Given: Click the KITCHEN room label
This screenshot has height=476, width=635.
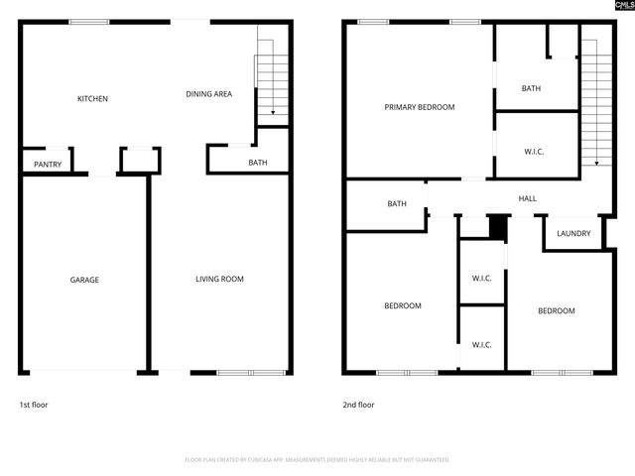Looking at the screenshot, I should click(x=93, y=99).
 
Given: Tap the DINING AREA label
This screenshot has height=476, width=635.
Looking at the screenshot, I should click(x=209, y=94).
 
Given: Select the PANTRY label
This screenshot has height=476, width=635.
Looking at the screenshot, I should click(x=48, y=165).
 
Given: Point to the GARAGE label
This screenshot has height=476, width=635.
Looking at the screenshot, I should click(x=84, y=280).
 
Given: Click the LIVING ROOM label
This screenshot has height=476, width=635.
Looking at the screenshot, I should click(x=219, y=280).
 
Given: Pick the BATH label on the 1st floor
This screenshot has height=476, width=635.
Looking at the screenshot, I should click(x=258, y=163).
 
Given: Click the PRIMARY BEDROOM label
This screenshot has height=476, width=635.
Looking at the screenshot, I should click(x=420, y=107).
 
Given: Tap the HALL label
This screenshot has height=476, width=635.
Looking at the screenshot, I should click(x=528, y=198).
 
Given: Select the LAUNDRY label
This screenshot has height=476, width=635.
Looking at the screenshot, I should click(x=573, y=234).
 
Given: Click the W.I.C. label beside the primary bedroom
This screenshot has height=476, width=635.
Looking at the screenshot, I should click(x=534, y=152).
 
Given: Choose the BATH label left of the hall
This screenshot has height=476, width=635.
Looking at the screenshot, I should click(x=397, y=204).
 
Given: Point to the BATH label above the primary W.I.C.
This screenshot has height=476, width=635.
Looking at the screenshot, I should click(x=532, y=89).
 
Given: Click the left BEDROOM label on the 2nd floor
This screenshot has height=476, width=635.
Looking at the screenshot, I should click(x=403, y=306).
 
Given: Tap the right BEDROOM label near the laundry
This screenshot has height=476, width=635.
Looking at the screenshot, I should click(x=556, y=311).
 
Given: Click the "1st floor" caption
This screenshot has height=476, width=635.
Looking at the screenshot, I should click(x=34, y=405).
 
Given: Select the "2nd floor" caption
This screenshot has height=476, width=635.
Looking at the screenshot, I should click(x=359, y=405).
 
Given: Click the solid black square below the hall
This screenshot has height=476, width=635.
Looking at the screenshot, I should click(x=498, y=227).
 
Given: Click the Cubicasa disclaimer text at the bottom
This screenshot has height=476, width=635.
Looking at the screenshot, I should click(x=317, y=460).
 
